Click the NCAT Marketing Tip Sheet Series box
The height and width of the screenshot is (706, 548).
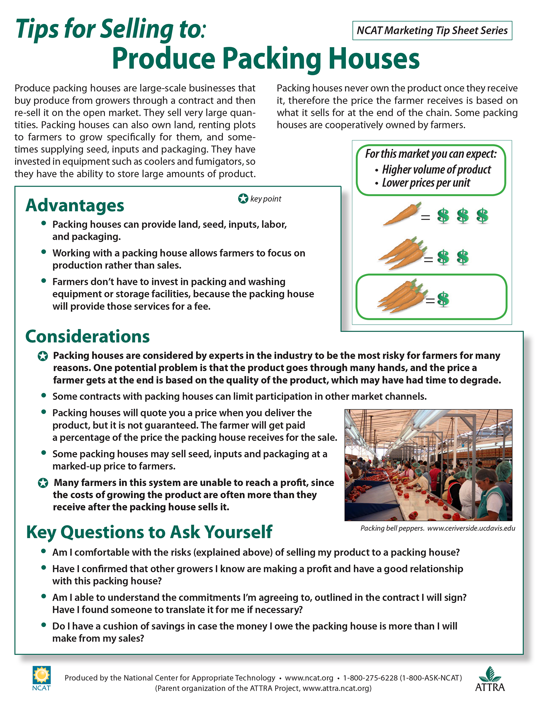(432, 31)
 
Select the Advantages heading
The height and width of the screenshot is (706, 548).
(75, 205)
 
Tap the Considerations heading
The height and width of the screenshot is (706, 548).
(88, 336)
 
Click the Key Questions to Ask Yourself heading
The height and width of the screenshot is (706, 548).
(149, 532)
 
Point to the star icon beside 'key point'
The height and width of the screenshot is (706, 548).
(243, 198)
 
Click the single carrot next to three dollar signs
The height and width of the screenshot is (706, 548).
(403, 214)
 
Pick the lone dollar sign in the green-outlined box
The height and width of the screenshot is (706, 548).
(443, 299)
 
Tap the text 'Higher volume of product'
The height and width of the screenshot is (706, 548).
(436, 170)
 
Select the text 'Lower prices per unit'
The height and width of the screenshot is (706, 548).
(426, 183)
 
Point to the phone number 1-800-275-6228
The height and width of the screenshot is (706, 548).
(370, 678)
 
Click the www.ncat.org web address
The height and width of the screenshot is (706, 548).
(309, 678)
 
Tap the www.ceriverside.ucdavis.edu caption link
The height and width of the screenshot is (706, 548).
(471, 528)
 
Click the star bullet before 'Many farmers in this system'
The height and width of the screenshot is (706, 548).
(43, 483)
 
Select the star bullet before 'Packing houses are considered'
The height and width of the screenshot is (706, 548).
(43, 356)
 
